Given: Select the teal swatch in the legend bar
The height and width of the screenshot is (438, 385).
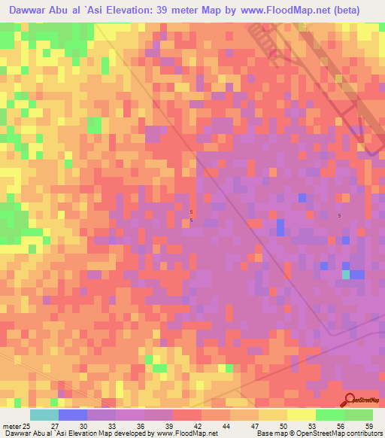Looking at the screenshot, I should (44, 415).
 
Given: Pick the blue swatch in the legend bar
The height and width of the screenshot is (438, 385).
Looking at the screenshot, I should (73, 415).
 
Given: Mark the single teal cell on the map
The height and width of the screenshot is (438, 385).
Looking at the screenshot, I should (346, 275).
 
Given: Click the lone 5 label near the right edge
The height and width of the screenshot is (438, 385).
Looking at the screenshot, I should (339, 216).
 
